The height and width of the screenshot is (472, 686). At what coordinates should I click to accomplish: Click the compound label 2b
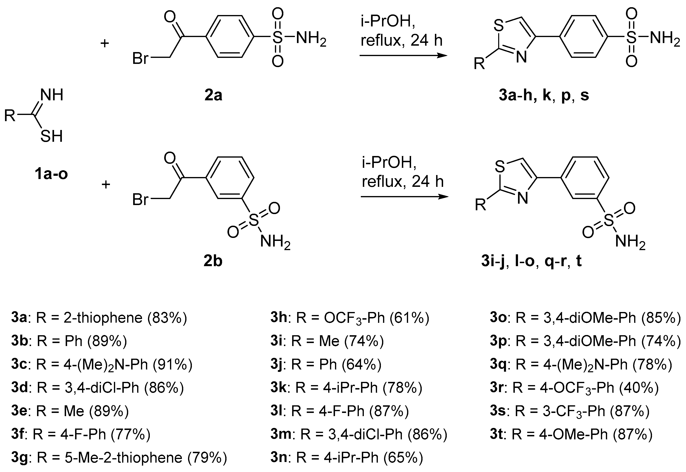tap(213, 262)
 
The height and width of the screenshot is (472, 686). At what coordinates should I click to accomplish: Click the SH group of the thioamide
tap(52, 137)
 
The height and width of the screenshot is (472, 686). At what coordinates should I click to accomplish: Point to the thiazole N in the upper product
tap(522, 57)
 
